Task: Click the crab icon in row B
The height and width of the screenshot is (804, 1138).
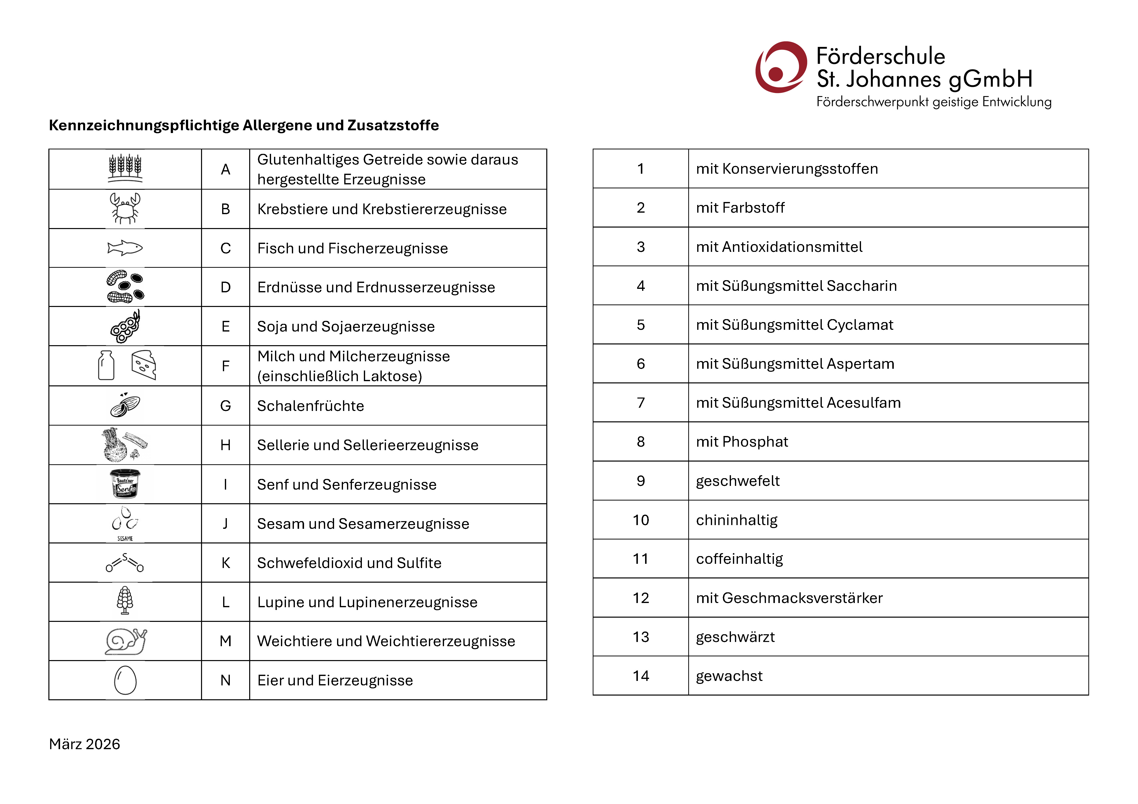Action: point(125,208)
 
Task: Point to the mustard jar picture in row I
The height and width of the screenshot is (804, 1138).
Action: point(125,484)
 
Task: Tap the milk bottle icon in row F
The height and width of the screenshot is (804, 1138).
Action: point(106,365)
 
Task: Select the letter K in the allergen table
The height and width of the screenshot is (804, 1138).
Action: point(226,563)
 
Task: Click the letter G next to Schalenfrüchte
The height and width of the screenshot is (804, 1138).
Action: point(226,405)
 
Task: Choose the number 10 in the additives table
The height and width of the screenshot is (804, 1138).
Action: point(640,519)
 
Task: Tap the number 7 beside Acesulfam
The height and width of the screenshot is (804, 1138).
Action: point(640,402)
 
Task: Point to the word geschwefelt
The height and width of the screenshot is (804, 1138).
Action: point(737,480)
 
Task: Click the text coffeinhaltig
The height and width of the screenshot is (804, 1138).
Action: point(739,559)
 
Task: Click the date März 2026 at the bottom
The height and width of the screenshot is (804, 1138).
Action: point(84,743)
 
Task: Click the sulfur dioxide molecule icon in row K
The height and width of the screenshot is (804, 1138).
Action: point(125,563)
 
